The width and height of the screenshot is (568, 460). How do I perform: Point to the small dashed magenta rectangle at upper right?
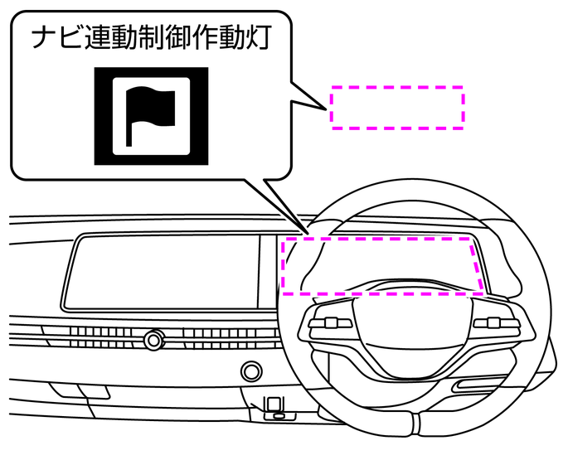click(397, 106)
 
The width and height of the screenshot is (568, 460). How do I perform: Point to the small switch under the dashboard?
click(273, 405)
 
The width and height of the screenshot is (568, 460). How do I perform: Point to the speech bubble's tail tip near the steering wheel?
click(305, 227)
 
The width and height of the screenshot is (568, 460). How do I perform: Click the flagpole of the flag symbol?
click(129, 124)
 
